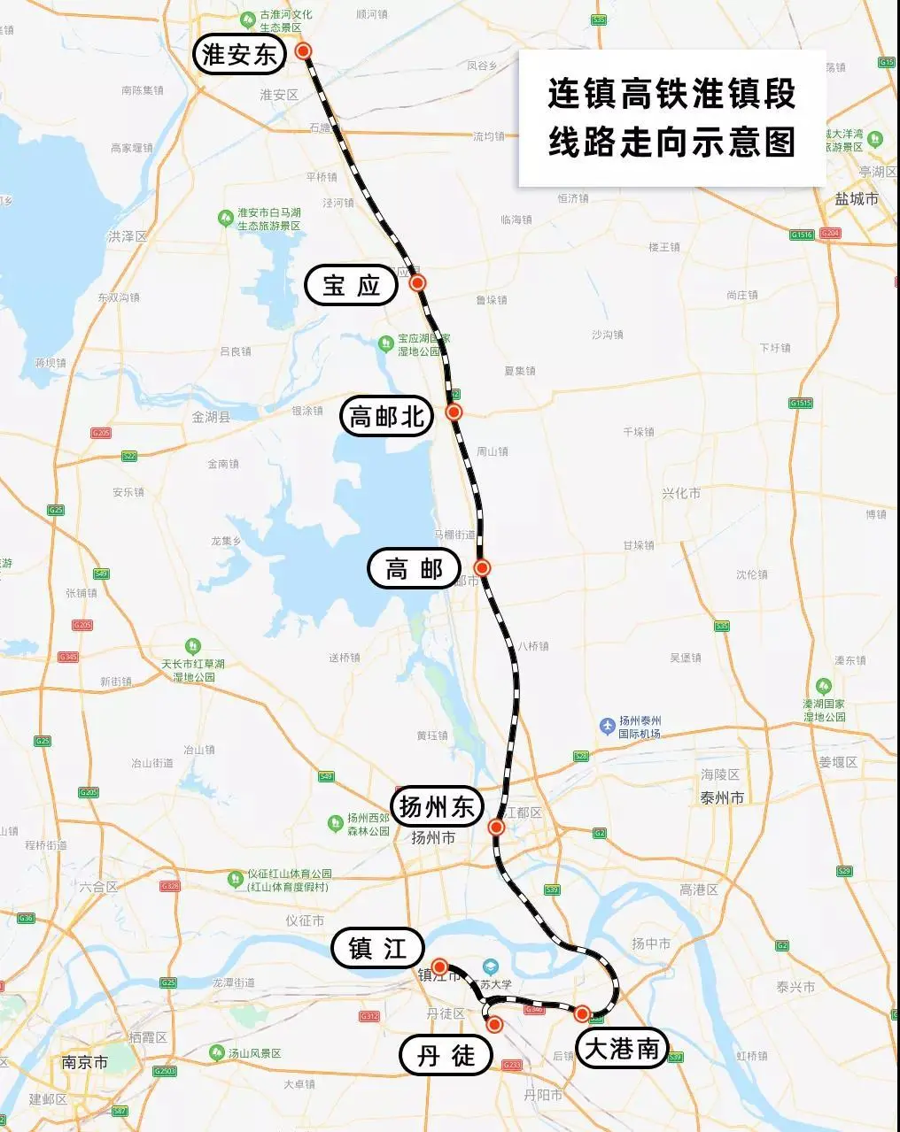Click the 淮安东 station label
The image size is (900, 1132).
[x=240, y=55]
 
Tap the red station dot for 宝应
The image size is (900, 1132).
[x=418, y=283]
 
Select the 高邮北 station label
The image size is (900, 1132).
[x=387, y=416]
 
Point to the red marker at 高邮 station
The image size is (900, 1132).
[x=483, y=567]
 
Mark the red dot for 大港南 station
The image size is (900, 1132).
[x=582, y=1013]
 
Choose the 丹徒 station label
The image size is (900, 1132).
[x=446, y=1055]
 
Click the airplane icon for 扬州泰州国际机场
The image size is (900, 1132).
[x=608, y=727]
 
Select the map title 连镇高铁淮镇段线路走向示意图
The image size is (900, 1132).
[x=671, y=118]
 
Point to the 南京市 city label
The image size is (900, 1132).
[x=85, y=1061]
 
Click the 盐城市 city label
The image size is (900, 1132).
[x=857, y=199]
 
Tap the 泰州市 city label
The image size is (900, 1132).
[x=722, y=797]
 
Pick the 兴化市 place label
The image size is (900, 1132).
[x=681, y=493]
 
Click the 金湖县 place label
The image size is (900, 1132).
[x=211, y=417]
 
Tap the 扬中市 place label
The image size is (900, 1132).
[x=651, y=944]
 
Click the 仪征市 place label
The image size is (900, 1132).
[x=305, y=920]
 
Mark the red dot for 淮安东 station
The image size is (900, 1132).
[x=304, y=51]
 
